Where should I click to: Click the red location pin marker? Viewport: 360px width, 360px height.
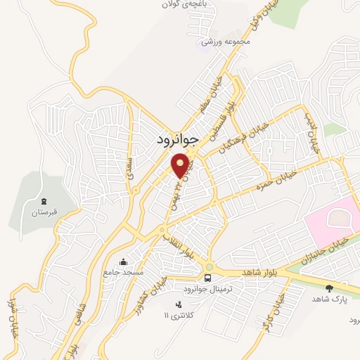pyautogui.click(x=181, y=165)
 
